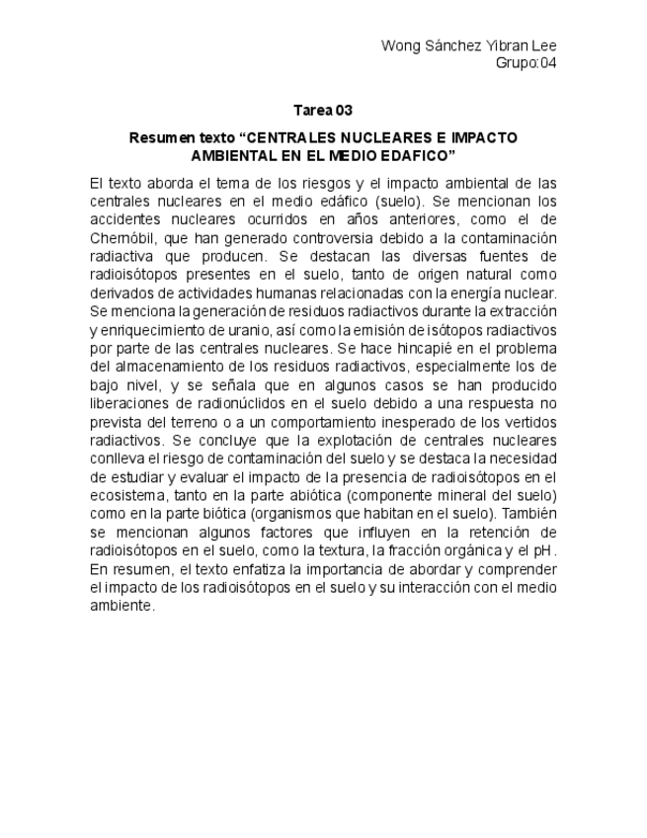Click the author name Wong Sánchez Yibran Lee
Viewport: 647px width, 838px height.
point(468,46)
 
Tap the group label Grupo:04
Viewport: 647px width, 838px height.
point(526,63)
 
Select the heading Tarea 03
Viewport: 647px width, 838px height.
point(323,110)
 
